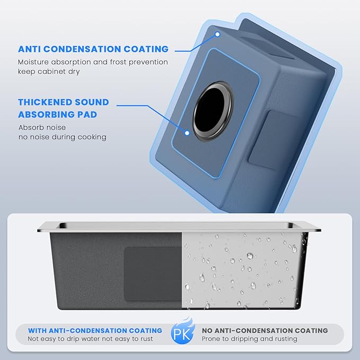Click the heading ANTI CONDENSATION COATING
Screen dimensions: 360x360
[93, 49]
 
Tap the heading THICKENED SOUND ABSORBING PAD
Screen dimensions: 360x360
[64, 108]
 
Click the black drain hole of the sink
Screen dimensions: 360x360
[210, 110]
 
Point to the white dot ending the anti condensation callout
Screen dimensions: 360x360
[217, 34]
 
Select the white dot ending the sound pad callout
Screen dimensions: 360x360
[187, 133]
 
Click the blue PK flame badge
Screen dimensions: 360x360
[182, 330]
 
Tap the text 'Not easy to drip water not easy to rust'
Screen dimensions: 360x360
[90, 339]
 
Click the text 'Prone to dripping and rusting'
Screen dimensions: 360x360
[250, 339]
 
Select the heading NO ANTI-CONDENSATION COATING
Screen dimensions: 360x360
[265, 331]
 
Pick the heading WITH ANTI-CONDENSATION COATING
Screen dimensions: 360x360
[95, 331]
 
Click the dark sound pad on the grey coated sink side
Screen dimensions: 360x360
[153, 274]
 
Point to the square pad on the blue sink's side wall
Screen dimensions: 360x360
[274, 141]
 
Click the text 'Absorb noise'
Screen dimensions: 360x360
[42, 127]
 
